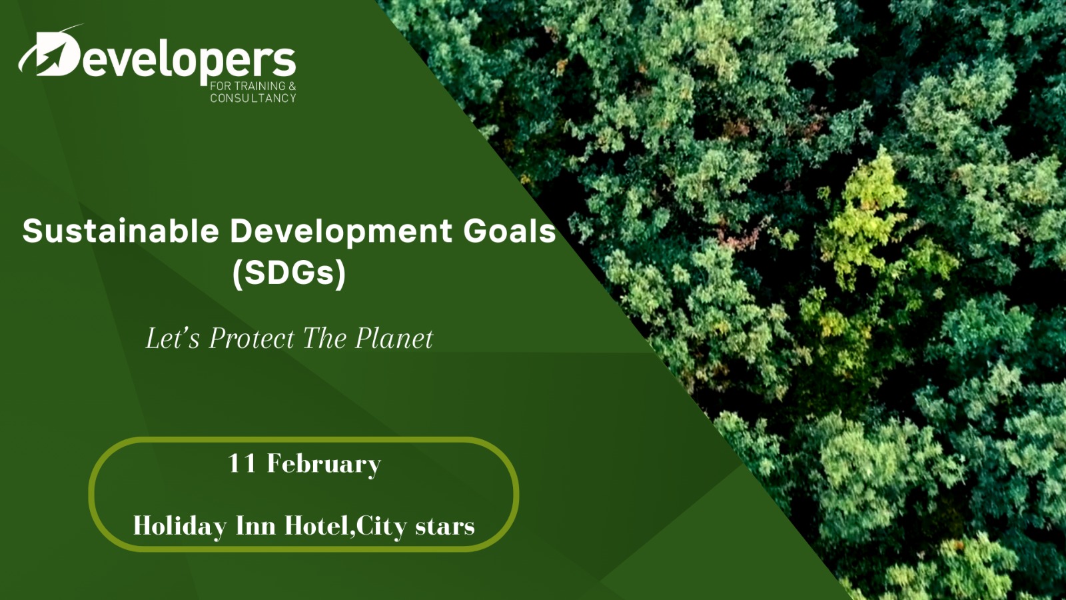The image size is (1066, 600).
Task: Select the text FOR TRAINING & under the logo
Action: pyautogui.click(x=253, y=86)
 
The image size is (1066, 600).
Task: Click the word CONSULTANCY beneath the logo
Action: pyautogui.click(x=253, y=98)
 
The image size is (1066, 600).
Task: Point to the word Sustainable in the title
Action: pyautogui.click(x=121, y=231)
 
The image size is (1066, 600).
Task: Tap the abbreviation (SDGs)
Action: pyautogui.click(x=289, y=273)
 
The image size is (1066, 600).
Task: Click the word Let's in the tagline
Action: pyautogui.click(x=173, y=339)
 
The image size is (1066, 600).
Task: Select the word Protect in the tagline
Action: pyautogui.click(x=253, y=339)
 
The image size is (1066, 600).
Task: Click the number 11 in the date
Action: pyautogui.click(x=243, y=463)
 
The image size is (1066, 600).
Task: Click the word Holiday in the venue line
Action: pyautogui.click(x=180, y=527)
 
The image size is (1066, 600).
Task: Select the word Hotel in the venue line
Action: pyautogui.click(x=317, y=526)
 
